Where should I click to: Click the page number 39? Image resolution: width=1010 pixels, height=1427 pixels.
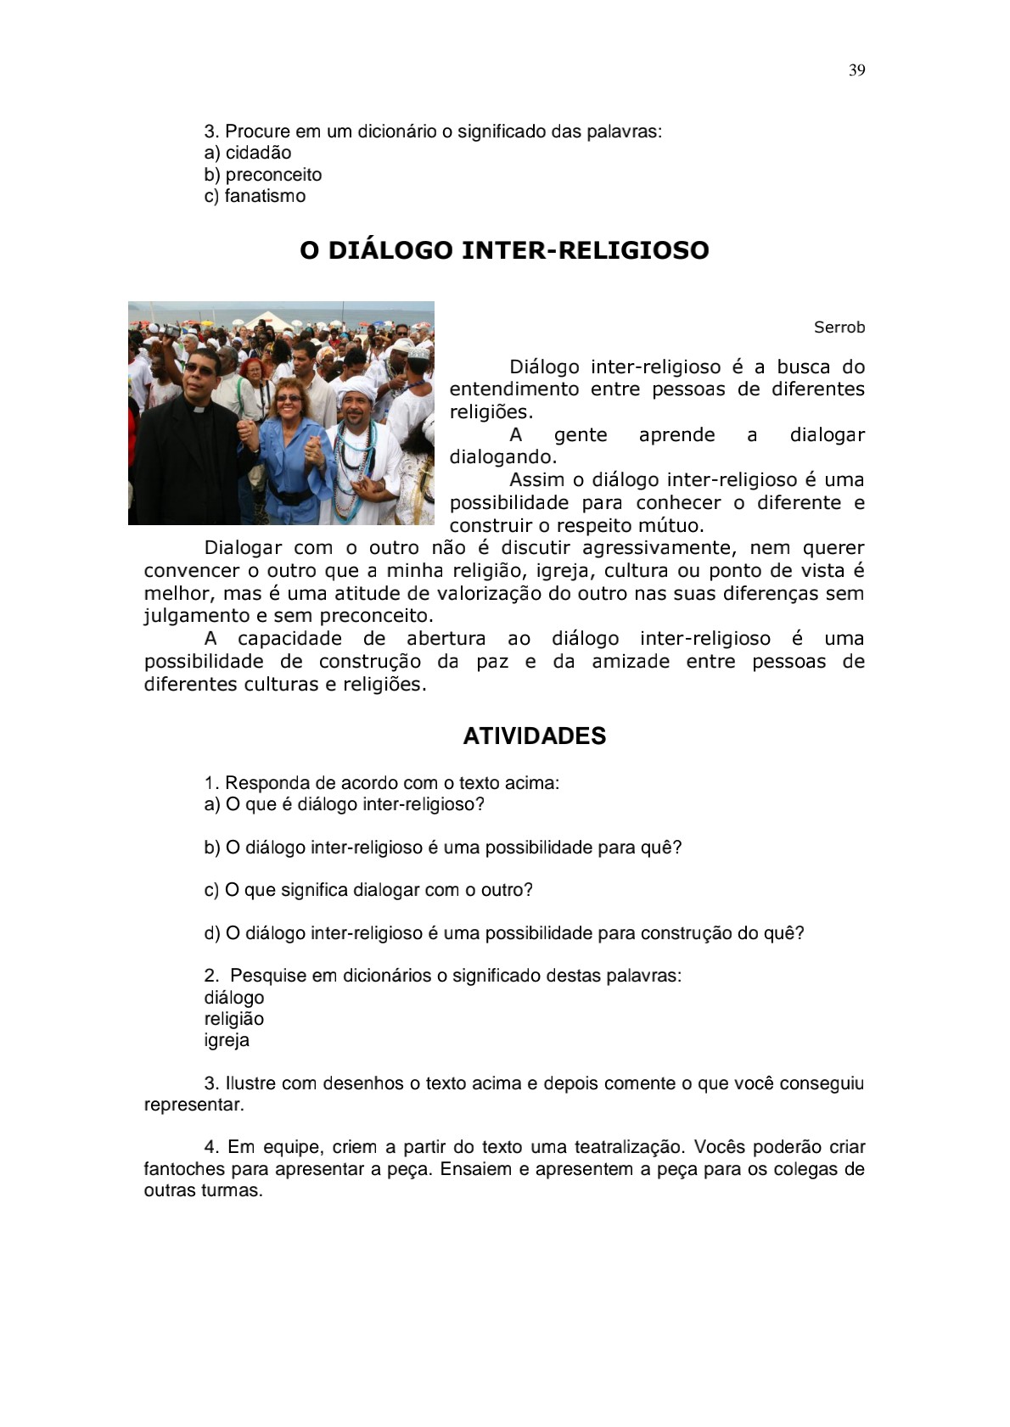click(856, 70)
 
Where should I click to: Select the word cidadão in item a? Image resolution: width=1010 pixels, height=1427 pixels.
click(258, 153)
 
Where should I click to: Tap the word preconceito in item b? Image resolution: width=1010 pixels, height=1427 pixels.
click(273, 175)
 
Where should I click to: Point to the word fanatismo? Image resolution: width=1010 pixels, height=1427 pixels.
click(265, 196)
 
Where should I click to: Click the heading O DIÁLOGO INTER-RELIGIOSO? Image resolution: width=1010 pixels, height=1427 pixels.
click(504, 250)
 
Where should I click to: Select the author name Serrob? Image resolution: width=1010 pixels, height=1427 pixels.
click(839, 327)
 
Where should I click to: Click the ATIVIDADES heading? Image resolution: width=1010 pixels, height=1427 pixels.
click(534, 736)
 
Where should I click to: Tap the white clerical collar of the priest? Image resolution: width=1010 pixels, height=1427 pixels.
click(198, 408)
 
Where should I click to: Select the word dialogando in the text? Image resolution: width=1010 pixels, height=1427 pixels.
click(502, 457)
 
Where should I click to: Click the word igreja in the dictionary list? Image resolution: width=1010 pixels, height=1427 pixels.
click(227, 1040)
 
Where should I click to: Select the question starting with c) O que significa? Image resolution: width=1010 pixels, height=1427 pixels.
click(368, 890)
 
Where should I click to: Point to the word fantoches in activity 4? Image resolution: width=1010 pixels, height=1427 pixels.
click(184, 1169)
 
